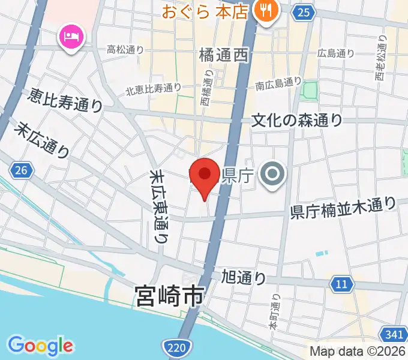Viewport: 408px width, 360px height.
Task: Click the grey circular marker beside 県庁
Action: (x=272, y=175)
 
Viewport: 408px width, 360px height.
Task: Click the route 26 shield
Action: (x=22, y=171)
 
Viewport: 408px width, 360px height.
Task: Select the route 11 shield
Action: (x=341, y=284)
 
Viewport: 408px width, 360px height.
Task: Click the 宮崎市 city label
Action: (x=170, y=296)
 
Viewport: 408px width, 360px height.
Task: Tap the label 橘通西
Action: (x=223, y=56)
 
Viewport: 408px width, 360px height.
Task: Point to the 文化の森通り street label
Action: (x=297, y=120)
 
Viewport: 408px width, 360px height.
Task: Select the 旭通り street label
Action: (x=244, y=278)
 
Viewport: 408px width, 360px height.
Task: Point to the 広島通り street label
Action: (x=337, y=53)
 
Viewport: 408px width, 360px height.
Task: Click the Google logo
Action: (x=41, y=346)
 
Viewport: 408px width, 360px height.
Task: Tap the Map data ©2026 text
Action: (x=358, y=351)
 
